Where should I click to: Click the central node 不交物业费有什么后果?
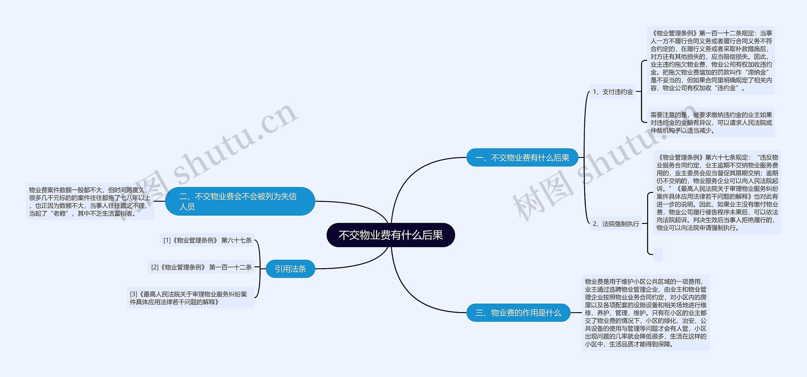click(391, 235)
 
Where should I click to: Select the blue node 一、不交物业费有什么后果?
click(522, 158)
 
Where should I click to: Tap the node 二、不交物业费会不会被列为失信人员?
click(240, 201)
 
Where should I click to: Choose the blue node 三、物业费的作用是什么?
click(518, 313)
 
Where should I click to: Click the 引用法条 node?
click(290, 269)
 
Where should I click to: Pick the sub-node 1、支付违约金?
click(613, 92)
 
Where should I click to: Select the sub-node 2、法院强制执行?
click(615, 224)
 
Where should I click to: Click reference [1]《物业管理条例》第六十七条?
click(207, 241)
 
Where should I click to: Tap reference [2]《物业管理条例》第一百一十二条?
click(201, 267)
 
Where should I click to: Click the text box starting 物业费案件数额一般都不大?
click(90, 201)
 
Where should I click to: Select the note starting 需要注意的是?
click(711, 123)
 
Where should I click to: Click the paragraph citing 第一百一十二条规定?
click(711, 61)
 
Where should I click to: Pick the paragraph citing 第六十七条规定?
click(717, 192)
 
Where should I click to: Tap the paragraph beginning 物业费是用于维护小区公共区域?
click(645, 313)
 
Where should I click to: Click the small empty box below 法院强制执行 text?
click(658, 254)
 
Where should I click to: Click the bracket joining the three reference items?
click(260, 268)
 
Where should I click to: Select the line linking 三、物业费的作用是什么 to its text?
click(576, 313)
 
